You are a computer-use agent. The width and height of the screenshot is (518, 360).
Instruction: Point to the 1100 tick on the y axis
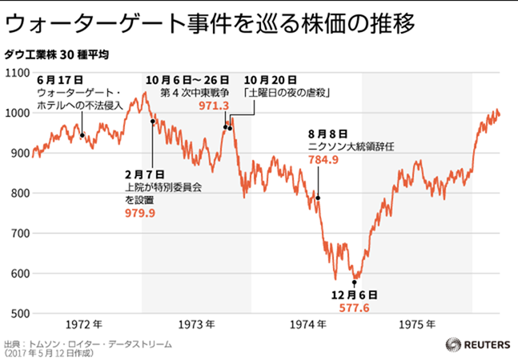click(x=17, y=74)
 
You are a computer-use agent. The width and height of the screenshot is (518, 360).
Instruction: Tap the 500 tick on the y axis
click(x=18, y=313)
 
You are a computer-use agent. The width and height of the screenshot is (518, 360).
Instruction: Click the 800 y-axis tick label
click(x=18, y=193)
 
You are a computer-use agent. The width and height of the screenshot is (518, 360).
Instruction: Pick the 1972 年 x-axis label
click(x=83, y=324)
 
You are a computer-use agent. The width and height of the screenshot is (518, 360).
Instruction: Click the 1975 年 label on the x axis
click(x=418, y=324)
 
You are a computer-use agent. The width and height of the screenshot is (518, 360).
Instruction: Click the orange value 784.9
click(x=323, y=160)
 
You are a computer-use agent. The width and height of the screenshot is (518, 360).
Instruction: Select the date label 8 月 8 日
click(x=327, y=134)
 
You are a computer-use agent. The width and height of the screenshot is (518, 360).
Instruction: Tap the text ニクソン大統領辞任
click(x=351, y=147)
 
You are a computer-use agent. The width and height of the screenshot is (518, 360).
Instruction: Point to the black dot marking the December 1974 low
click(x=354, y=282)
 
